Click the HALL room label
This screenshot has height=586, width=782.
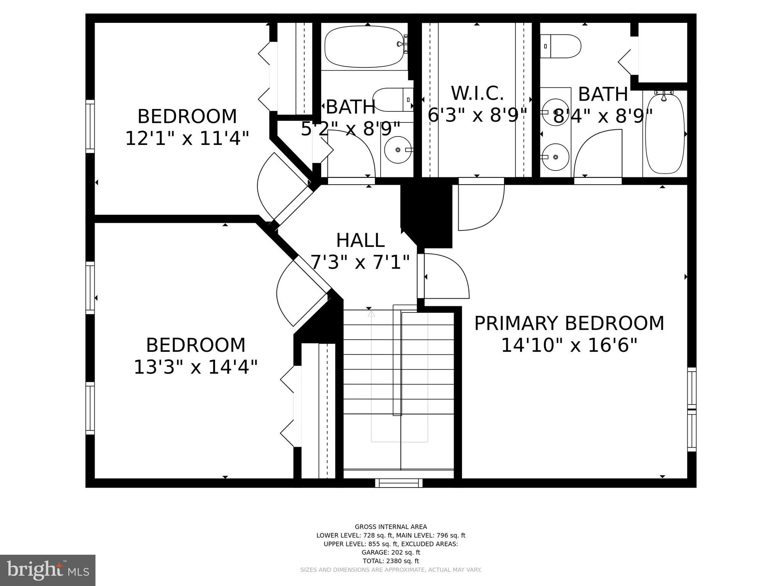tap(360, 240)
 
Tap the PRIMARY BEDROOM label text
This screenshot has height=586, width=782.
tap(569, 323)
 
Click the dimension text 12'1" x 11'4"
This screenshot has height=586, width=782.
tap(187, 138)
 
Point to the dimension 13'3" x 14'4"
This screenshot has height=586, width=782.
tap(195, 367)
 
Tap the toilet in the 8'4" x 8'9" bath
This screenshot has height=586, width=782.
tap(561, 46)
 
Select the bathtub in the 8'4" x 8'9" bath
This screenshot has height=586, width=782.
tap(664, 134)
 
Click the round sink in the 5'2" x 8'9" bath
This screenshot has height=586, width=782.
tap(398, 150)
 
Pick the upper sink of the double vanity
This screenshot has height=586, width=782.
tap(556, 112)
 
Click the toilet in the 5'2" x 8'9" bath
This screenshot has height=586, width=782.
tap(393, 100)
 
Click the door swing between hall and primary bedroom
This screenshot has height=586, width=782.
tap(445, 276)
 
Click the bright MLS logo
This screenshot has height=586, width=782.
tap(47, 570)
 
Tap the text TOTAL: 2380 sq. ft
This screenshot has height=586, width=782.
tap(391, 561)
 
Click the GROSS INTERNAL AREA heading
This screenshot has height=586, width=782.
tap(391, 527)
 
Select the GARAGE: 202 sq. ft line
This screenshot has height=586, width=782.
tap(391, 552)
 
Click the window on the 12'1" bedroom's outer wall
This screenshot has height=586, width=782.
tap(90, 126)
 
